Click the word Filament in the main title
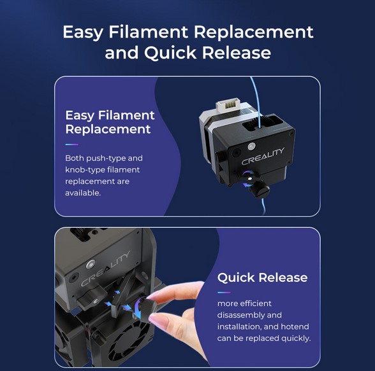[x=148, y=32]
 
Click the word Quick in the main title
[x=170, y=52]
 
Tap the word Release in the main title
[x=237, y=52]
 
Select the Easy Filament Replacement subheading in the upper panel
[x=110, y=122]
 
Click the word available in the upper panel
[x=83, y=193]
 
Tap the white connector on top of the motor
[x=228, y=104]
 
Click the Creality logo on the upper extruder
[x=263, y=157]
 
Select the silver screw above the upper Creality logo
[x=251, y=146]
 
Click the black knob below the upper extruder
[x=259, y=190]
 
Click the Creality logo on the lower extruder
[x=105, y=269]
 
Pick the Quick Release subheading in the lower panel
[x=262, y=277]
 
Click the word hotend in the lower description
[x=295, y=326]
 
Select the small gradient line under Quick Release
[x=224, y=292]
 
